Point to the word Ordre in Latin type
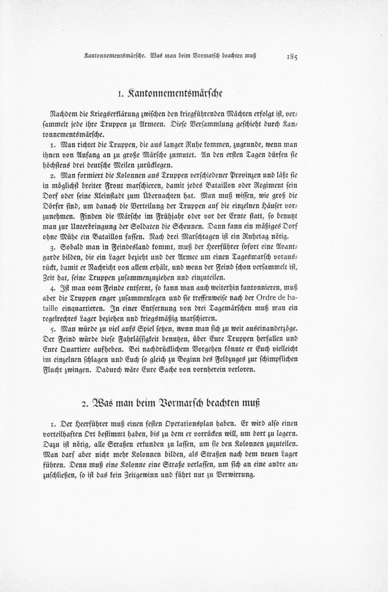click(268, 299)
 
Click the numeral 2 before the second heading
click(84, 404)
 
